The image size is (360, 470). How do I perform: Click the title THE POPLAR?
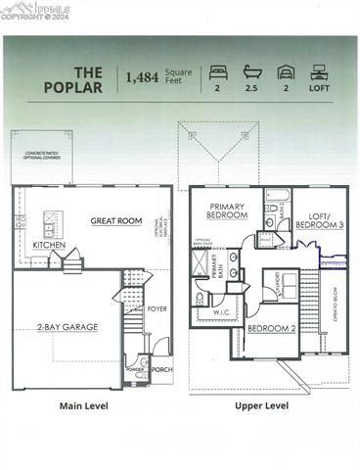click(74, 79)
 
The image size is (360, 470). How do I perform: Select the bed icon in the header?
click(216, 72)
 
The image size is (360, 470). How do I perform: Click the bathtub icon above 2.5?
click(251, 72)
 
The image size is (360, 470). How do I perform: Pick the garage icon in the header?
click(285, 72)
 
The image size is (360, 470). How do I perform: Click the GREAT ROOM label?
click(116, 220)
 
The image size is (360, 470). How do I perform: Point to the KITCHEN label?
click(49, 245)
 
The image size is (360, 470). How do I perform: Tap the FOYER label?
click(157, 308)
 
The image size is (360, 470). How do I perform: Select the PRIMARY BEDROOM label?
click(227, 211)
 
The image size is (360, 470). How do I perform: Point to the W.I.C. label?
click(220, 313)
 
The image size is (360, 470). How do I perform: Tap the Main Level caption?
click(83, 405)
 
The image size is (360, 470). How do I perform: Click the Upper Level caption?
click(261, 405)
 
